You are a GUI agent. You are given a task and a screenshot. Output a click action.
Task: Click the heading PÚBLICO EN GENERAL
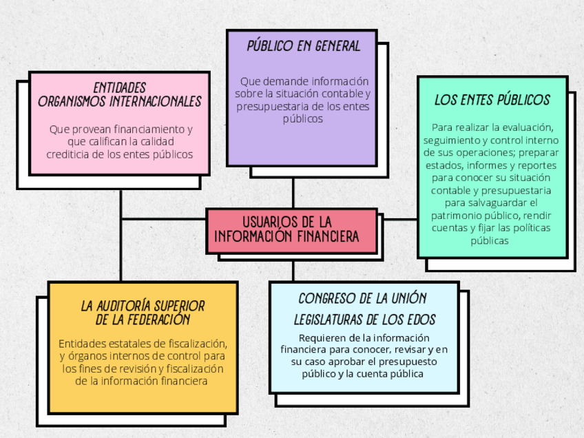click(304, 47)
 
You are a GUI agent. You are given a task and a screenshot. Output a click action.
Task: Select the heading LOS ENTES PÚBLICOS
click(492, 100)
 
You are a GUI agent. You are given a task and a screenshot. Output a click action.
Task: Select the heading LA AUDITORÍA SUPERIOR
click(143, 306)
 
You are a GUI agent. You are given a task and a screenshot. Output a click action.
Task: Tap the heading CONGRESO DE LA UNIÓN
click(362, 298)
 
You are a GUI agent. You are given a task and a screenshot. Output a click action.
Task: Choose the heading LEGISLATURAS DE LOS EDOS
click(364, 320)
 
